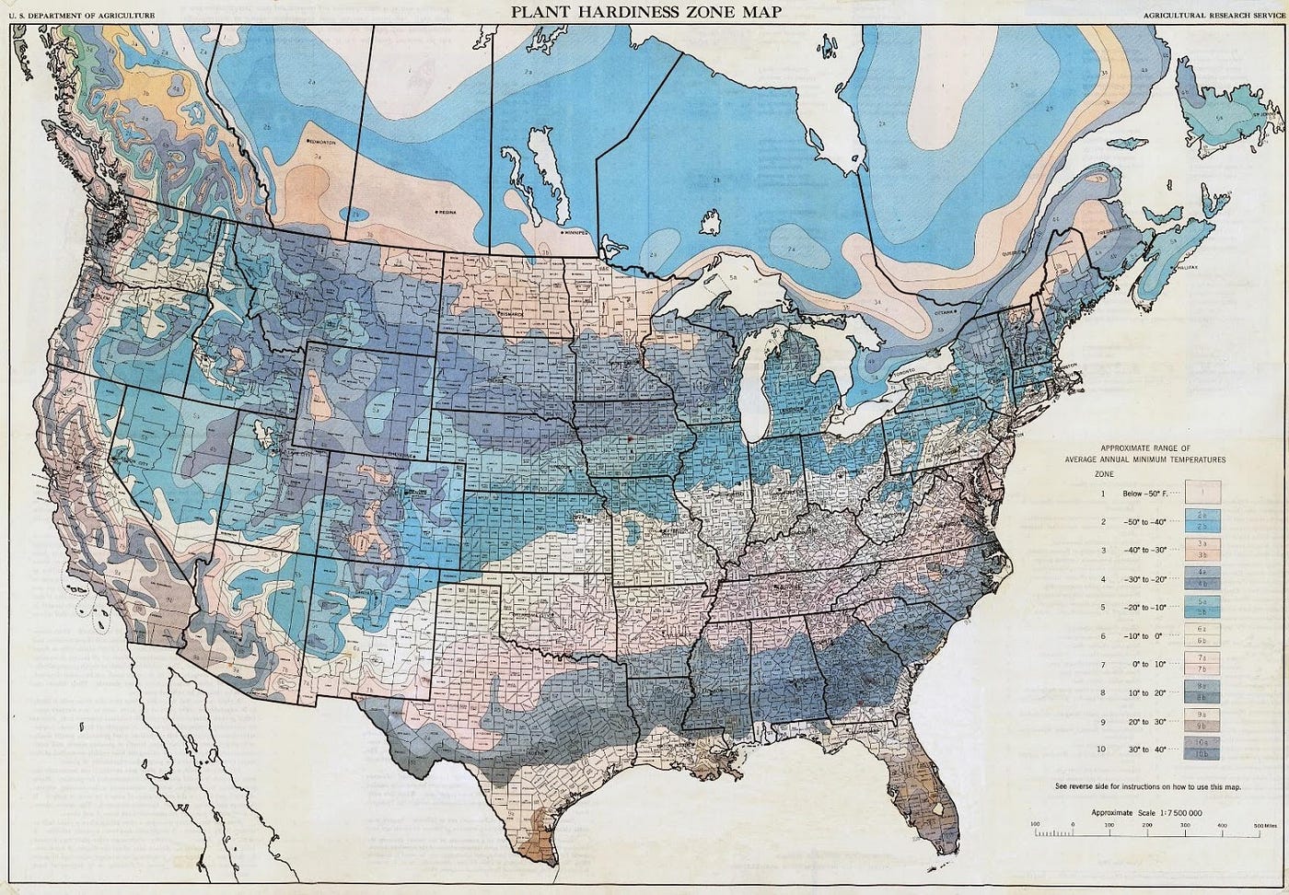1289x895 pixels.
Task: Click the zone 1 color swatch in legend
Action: (x=1202, y=493)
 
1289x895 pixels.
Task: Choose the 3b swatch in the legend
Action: (x=1202, y=556)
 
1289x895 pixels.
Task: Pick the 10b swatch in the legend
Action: (x=1202, y=755)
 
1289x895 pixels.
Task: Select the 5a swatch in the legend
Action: (x=1202, y=600)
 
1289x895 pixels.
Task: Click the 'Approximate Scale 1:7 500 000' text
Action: (x=1146, y=813)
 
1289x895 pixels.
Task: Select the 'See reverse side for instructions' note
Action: (x=1147, y=786)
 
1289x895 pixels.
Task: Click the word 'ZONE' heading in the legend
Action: (x=1103, y=472)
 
